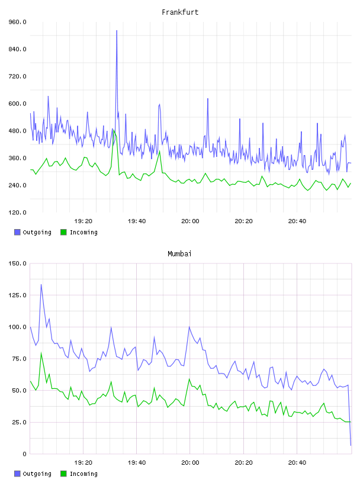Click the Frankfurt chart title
coord(180,12)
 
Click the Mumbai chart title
coord(179,254)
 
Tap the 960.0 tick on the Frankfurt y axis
coord(17,22)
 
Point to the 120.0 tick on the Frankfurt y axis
coord(17,212)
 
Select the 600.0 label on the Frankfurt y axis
coord(17,104)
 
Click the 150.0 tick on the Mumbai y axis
coord(17,263)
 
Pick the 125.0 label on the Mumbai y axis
coord(17,295)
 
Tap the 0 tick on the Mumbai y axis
coord(24,454)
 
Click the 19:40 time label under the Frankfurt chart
coord(137,221)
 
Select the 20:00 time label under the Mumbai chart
coord(190,463)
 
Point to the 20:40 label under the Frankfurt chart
coord(297,221)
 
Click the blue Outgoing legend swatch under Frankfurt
coord(17,232)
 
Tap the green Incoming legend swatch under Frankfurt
coord(63,232)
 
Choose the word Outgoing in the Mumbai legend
coord(37,474)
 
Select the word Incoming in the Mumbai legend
coord(83,474)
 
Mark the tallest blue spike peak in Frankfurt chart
coord(117,31)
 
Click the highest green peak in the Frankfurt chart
coord(114,131)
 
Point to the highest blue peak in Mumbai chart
coord(41,285)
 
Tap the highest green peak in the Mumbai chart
coord(41,353)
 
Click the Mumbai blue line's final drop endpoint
coord(351,445)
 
